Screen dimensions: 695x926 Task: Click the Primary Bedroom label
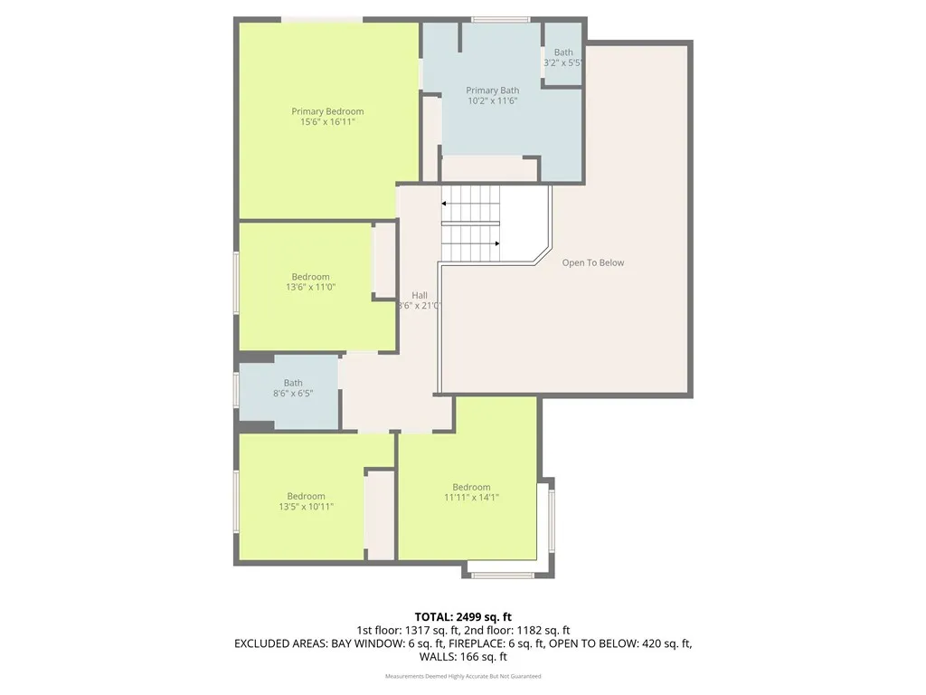click(327, 111)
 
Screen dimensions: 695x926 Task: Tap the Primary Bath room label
click(492, 90)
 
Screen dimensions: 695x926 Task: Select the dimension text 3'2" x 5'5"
click(563, 63)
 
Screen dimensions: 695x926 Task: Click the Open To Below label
click(592, 262)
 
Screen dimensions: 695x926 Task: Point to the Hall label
click(420, 295)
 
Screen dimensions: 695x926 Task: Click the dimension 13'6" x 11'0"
click(310, 288)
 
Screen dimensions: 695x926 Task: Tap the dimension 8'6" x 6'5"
click(293, 394)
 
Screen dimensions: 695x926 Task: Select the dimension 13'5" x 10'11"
click(306, 507)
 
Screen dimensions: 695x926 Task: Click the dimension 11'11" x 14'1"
click(471, 498)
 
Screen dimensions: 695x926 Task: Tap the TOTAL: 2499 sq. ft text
click(463, 617)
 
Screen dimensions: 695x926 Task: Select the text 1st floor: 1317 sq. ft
click(410, 631)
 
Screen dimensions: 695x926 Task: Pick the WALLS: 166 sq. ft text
click(463, 657)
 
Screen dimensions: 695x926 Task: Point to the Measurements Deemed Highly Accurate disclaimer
click(463, 676)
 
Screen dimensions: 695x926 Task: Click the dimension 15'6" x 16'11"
click(327, 121)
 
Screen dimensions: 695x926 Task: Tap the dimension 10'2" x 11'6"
click(492, 101)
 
